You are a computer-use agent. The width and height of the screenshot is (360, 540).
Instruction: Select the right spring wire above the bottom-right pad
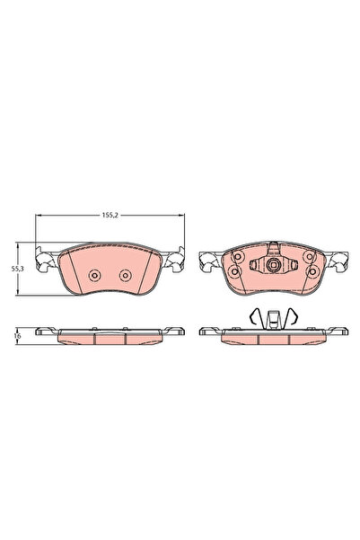[x=292, y=315]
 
